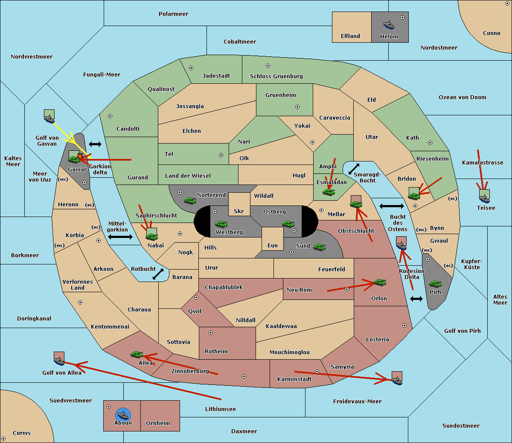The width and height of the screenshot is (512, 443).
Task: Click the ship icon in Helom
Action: (x=389, y=25)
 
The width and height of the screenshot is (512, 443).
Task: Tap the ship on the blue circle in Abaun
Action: (x=123, y=415)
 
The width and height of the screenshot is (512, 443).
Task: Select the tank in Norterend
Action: (x=190, y=200)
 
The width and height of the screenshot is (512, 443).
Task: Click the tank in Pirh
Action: (x=435, y=284)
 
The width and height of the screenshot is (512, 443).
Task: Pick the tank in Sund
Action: (x=319, y=247)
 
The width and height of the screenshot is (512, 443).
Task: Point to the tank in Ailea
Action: (x=137, y=354)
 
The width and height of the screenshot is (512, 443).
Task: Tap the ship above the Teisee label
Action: (x=484, y=199)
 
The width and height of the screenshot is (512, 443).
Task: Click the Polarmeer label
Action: (x=173, y=14)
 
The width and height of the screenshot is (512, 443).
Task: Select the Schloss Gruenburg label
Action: (x=276, y=76)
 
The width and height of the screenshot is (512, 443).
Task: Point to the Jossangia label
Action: (x=190, y=106)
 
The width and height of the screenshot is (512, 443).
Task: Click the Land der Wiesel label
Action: (x=188, y=176)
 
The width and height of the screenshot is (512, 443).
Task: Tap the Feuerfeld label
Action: (x=332, y=269)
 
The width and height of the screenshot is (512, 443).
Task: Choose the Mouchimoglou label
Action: (x=290, y=352)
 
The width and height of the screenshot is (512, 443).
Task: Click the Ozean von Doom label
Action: (x=463, y=97)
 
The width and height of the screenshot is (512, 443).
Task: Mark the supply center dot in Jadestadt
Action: (x=191, y=68)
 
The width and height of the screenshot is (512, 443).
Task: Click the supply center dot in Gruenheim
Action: (x=297, y=107)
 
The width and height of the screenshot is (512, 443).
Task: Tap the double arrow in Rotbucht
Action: (x=158, y=274)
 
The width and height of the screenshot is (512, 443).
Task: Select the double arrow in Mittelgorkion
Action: (x=120, y=237)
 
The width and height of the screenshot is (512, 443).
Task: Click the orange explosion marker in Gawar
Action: (x=80, y=156)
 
